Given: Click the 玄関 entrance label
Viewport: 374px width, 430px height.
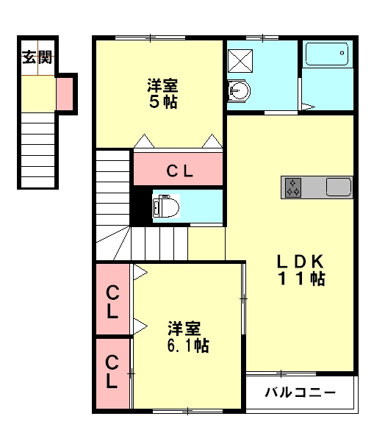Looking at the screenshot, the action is (37, 57).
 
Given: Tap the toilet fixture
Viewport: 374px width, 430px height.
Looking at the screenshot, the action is (165, 207).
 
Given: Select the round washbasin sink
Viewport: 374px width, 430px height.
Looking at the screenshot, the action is (240, 91).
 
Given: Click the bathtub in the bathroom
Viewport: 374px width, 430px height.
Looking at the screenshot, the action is (327, 54).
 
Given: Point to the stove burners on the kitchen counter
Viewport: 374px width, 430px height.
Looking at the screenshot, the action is (293, 187).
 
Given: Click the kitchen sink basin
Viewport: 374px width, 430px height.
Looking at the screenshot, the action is (339, 187).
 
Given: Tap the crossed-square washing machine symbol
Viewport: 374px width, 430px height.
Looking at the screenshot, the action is (240, 61).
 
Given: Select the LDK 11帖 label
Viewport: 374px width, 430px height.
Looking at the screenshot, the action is (301, 270).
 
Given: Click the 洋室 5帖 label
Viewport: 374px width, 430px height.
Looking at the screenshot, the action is (163, 93).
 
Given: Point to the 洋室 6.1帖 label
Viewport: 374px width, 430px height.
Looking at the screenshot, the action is (188, 337).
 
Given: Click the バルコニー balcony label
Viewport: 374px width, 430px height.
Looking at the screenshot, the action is (301, 393).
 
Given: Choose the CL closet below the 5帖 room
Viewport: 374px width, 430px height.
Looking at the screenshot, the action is (179, 169).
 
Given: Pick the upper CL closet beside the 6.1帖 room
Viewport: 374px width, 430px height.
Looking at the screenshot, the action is (112, 299).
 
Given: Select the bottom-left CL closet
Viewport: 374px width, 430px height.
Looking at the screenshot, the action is (112, 374).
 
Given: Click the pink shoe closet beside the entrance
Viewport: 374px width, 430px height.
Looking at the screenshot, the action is (65, 94).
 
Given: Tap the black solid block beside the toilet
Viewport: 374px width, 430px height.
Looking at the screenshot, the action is (141, 207).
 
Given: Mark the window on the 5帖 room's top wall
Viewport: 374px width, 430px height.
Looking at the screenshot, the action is (150, 37).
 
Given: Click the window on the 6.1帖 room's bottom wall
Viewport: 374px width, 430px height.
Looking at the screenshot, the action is (187, 411).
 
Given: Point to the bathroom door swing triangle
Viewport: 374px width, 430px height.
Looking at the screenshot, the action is (308, 107).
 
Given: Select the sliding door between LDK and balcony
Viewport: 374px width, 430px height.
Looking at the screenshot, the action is (281, 373).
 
